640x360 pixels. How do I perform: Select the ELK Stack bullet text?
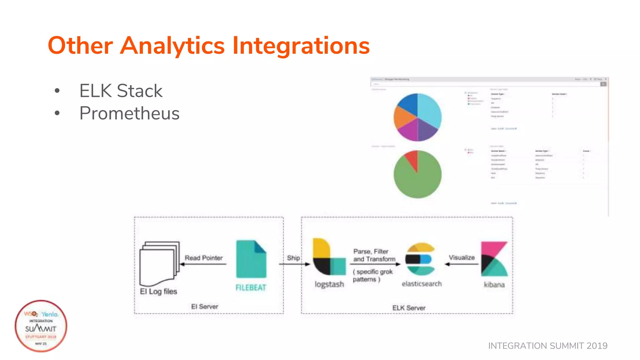pyautogui.click(x=121, y=91)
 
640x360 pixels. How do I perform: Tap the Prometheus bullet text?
pyautogui.click(x=129, y=113)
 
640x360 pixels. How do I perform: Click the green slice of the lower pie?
pyautogui.click(x=419, y=181)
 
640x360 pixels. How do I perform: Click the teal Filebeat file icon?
pyautogui.click(x=251, y=259)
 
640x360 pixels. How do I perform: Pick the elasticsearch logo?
pyautogui.click(x=420, y=259)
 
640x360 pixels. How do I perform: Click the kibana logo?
pyautogui.click(x=494, y=259)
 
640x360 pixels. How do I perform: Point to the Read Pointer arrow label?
pyautogui.click(x=203, y=258)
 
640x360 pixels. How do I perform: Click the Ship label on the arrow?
pyautogui.click(x=293, y=258)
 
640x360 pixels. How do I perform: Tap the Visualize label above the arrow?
pyautogui.click(x=462, y=257)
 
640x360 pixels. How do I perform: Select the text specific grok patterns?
pyautogui.click(x=372, y=275)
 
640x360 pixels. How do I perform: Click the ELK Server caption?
pyautogui.click(x=408, y=308)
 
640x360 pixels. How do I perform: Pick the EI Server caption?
pyautogui.click(x=204, y=307)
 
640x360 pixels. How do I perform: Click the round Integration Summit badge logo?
pyautogui.click(x=41, y=326)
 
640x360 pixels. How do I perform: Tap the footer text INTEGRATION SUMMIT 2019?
pyautogui.click(x=547, y=346)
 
